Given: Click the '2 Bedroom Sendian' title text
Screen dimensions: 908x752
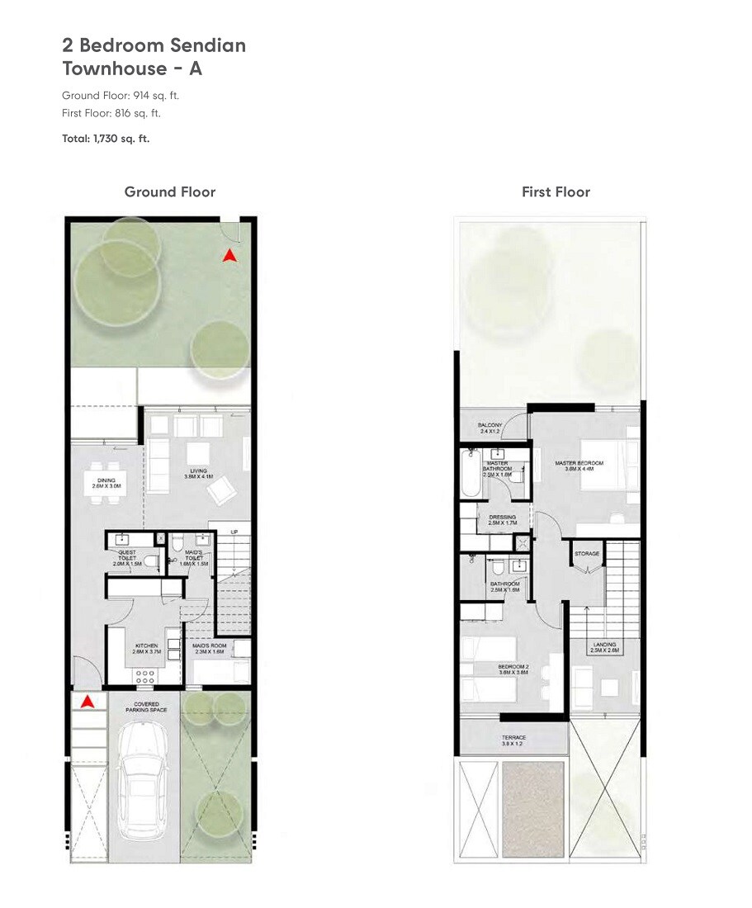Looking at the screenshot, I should coord(154,45).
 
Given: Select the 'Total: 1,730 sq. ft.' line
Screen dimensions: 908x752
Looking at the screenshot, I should coord(106,139).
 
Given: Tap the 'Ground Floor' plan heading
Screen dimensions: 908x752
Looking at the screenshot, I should coord(169,192).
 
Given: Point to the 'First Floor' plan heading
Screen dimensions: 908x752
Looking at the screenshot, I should coord(556,192).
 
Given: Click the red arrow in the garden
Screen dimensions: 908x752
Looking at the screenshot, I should coord(230,256).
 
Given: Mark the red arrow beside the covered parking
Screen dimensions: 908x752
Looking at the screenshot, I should coord(86,702).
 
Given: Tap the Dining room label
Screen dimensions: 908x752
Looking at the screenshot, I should coord(106,484).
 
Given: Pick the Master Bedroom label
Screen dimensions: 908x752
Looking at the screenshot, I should coord(579,466).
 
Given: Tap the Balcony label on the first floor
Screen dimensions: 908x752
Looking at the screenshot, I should coord(490,428).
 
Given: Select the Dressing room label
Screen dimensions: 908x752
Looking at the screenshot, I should coord(502,521).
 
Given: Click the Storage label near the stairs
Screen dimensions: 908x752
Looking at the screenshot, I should coord(587,554).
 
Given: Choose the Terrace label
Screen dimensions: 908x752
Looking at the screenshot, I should coord(513,740).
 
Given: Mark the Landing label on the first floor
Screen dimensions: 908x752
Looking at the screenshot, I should coord(604,647).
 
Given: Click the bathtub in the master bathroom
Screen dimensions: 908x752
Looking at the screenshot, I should coord(470,473).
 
